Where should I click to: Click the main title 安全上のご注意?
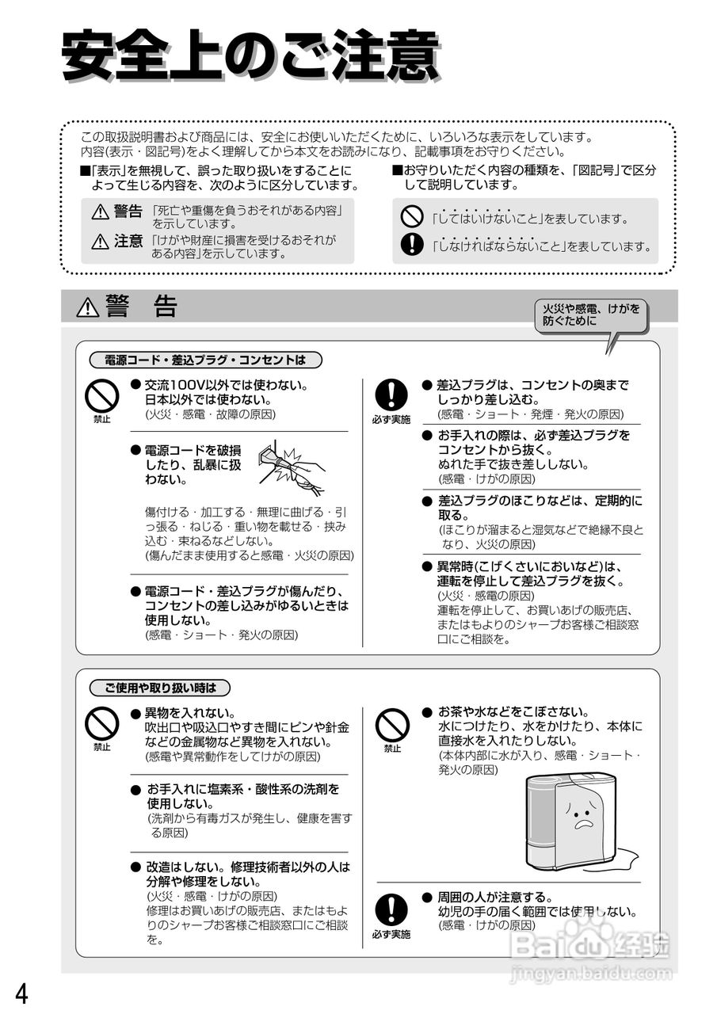[250, 56]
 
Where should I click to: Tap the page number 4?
[22, 993]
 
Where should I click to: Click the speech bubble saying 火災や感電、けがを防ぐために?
[591, 315]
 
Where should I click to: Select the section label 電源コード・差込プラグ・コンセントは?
[205, 360]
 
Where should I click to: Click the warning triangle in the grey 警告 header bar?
[87, 307]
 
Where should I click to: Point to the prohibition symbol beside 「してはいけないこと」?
[412, 215]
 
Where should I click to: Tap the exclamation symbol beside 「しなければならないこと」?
[412, 245]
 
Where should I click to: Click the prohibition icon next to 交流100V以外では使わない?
[102, 395]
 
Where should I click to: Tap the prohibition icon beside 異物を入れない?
[102, 722]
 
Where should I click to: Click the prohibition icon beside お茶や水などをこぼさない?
[392, 724]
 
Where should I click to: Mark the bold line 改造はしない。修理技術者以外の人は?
[247, 867]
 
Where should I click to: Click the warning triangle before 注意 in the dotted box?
[100, 242]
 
